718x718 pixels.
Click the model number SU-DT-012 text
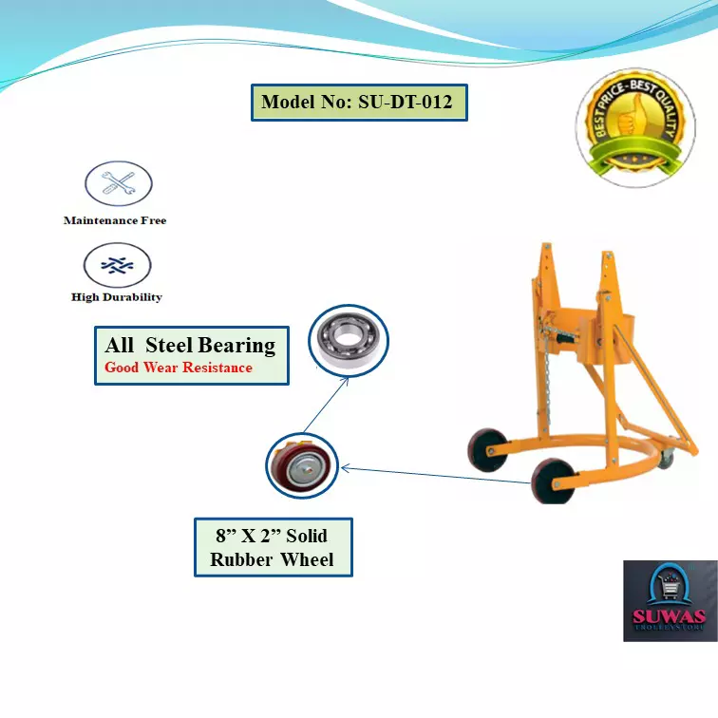[359, 103]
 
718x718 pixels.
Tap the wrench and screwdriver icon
[119, 184]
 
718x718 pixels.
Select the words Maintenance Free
[115, 220]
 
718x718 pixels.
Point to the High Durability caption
[117, 297]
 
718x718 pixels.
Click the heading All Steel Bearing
[190, 345]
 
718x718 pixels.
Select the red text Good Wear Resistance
[179, 368]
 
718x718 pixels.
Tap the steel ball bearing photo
[349, 338]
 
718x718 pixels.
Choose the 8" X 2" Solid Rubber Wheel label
[273, 547]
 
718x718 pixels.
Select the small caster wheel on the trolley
[668, 459]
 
